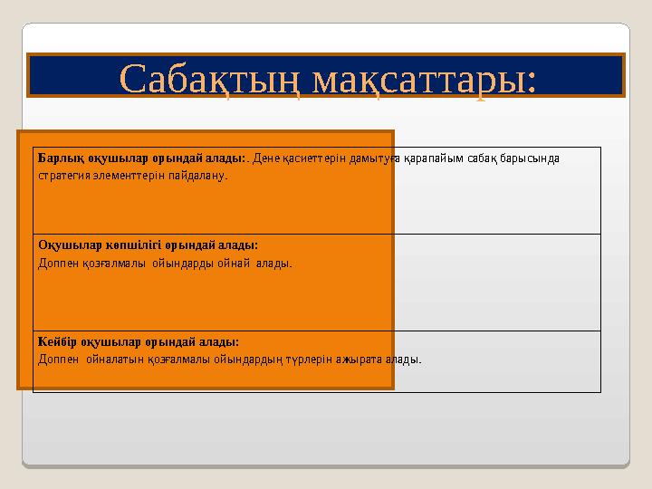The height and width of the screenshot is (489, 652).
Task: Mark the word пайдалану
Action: click(x=195, y=175)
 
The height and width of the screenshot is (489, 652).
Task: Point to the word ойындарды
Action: click(x=182, y=264)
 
